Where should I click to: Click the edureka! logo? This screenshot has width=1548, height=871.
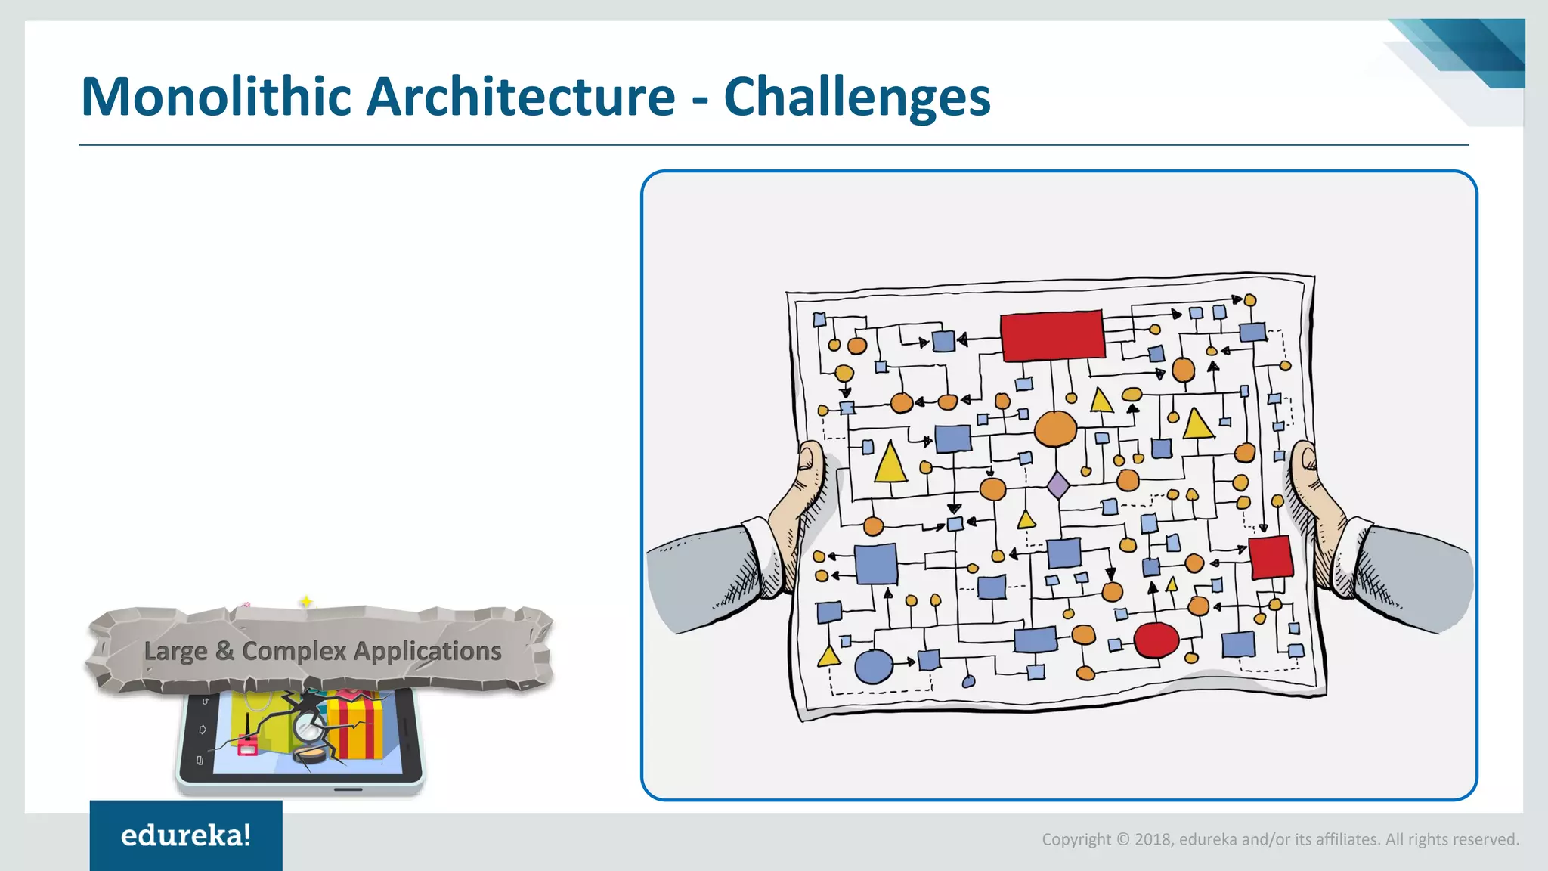(x=186, y=835)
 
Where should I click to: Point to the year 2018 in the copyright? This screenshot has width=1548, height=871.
(x=1153, y=839)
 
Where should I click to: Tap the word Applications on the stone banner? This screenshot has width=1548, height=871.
(x=427, y=651)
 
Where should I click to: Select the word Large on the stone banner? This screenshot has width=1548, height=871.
(x=175, y=651)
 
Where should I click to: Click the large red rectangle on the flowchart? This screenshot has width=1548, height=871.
(x=1052, y=335)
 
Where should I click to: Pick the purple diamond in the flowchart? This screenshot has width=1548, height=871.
(x=1058, y=485)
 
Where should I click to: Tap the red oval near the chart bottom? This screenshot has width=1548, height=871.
(x=1156, y=640)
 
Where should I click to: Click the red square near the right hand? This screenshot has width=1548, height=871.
(x=1271, y=557)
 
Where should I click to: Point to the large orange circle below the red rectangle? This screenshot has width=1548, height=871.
(x=1055, y=429)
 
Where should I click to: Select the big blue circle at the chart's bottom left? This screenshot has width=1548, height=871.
(x=873, y=666)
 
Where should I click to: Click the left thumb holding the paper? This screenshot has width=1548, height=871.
(x=810, y=465)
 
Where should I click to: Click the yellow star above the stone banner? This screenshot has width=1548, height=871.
(x=306, y=602)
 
